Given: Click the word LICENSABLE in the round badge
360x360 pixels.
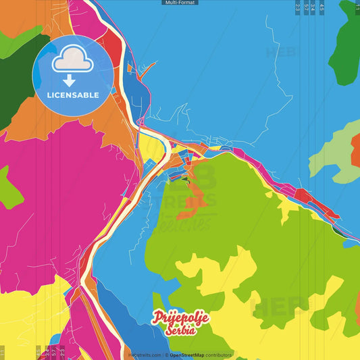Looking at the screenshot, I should click(x=73, y=95).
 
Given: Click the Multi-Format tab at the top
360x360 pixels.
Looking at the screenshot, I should click(x=180, y=3).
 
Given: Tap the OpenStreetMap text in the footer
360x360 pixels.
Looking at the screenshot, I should click(x=191, y=355).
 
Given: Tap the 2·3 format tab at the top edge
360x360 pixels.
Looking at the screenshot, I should click(x=298, y=8).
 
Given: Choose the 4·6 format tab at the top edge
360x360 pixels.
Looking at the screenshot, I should click(x=322, y=8).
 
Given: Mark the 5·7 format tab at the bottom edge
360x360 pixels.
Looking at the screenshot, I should click(x=54, y=351).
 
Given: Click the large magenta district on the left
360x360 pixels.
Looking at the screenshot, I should click(x=61, y=196).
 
